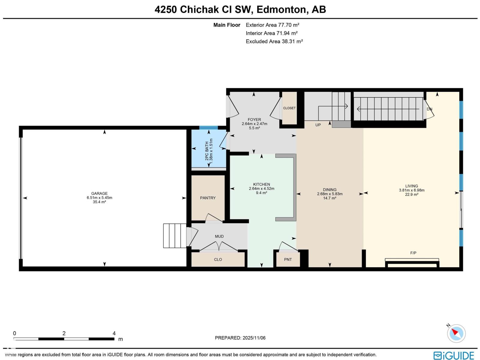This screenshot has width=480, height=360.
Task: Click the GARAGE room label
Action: (99, 193)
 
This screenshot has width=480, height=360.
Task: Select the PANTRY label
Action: (208, 198)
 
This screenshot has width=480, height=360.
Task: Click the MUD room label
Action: (219, 236)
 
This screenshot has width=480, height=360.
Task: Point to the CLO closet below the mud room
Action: (218, 259)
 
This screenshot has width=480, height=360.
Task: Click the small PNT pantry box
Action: (288, 259)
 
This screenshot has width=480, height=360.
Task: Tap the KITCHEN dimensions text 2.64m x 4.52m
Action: (262, 189)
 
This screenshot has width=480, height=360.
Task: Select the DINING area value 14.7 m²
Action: (330, 198)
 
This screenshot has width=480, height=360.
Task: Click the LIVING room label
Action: (412, 186)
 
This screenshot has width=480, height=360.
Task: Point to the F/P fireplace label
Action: (413, 253)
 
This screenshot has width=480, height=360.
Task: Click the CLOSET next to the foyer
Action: (289, 108)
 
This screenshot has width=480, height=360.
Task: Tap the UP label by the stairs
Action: (318, 125)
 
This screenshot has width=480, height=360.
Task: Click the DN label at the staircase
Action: (430, 109)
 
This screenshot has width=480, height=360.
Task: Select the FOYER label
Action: (254, 119)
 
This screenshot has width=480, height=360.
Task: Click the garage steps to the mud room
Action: (175, 235)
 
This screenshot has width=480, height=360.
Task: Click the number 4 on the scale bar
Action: (114, 333)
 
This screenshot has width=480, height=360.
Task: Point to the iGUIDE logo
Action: (454, 355)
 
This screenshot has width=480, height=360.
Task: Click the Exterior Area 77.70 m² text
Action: (272, 25)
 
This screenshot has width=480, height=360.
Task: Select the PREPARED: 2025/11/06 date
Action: (240, 338)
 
